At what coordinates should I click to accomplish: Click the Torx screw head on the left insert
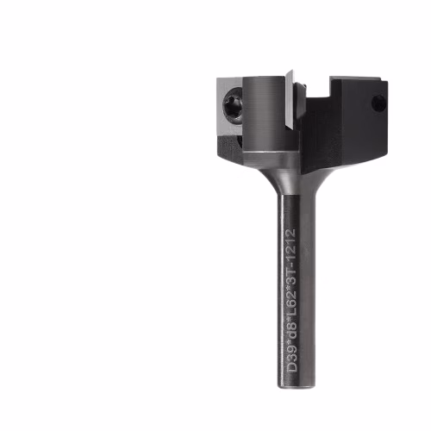pos(232,106)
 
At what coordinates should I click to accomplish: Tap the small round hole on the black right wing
pos(379,103)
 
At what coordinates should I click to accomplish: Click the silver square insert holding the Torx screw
pos(230,106)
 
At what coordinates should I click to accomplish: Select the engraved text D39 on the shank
pos(292,359)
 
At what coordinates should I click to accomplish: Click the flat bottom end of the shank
pos(296,386)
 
